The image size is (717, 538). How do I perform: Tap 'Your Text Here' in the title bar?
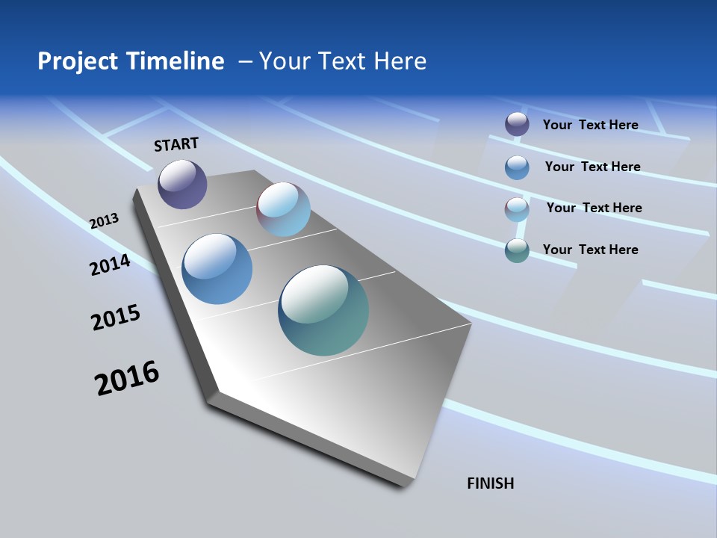(343, 61)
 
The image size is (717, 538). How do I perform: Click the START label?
(176, 144)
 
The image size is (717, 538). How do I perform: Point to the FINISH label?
(491, 483)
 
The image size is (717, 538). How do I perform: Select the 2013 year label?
(105, 221)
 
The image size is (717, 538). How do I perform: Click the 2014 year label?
(111, 265)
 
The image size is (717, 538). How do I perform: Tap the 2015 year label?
(116, 318)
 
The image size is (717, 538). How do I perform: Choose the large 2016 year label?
(127, 378)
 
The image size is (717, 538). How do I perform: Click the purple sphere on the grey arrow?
(182, 184)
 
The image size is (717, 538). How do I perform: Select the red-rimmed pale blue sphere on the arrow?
(283, 209)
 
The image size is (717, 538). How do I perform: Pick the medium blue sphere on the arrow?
(217, 269)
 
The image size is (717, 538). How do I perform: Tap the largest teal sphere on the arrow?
(323, 310)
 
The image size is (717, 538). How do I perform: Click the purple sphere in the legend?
(517, 125)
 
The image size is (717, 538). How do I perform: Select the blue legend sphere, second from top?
(517, 167)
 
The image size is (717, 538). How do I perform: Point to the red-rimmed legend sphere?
(517, 209)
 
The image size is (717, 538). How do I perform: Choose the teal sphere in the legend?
(517, 250)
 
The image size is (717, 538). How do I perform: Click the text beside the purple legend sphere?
(590, 125)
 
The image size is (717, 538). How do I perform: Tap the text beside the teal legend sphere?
(590, 250)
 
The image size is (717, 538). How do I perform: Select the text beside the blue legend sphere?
(592, 167)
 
